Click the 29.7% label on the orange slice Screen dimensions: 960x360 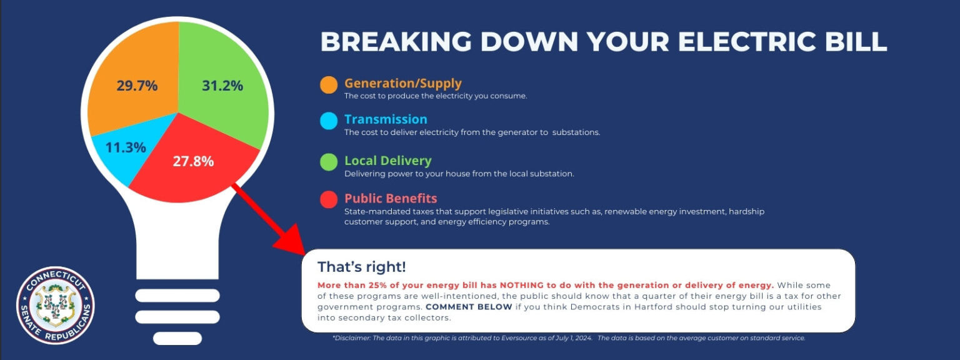(x=137, y=86)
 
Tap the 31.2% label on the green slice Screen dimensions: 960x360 (x=222, y=86)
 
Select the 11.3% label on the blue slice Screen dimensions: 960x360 (x=126, y=147)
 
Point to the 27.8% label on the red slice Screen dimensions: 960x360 (x=193, y=161)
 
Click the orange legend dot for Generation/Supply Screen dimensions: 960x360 (x=329, y=85)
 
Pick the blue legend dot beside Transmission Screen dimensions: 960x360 (x=329, y=121)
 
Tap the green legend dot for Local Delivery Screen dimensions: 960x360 (x=329, y=162)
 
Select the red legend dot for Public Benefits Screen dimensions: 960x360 (x=329, y=200)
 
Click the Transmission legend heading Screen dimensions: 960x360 (x=386, y=119)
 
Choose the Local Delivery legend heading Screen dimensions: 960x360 (x=388, y=161)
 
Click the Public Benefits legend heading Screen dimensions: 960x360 (x=391, y=198)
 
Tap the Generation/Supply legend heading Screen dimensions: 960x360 (x=403, y=83)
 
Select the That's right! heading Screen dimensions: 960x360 (x=362, y=267)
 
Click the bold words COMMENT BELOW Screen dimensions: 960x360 (x=469, y=307)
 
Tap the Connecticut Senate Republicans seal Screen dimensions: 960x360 (x=55, y=306)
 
